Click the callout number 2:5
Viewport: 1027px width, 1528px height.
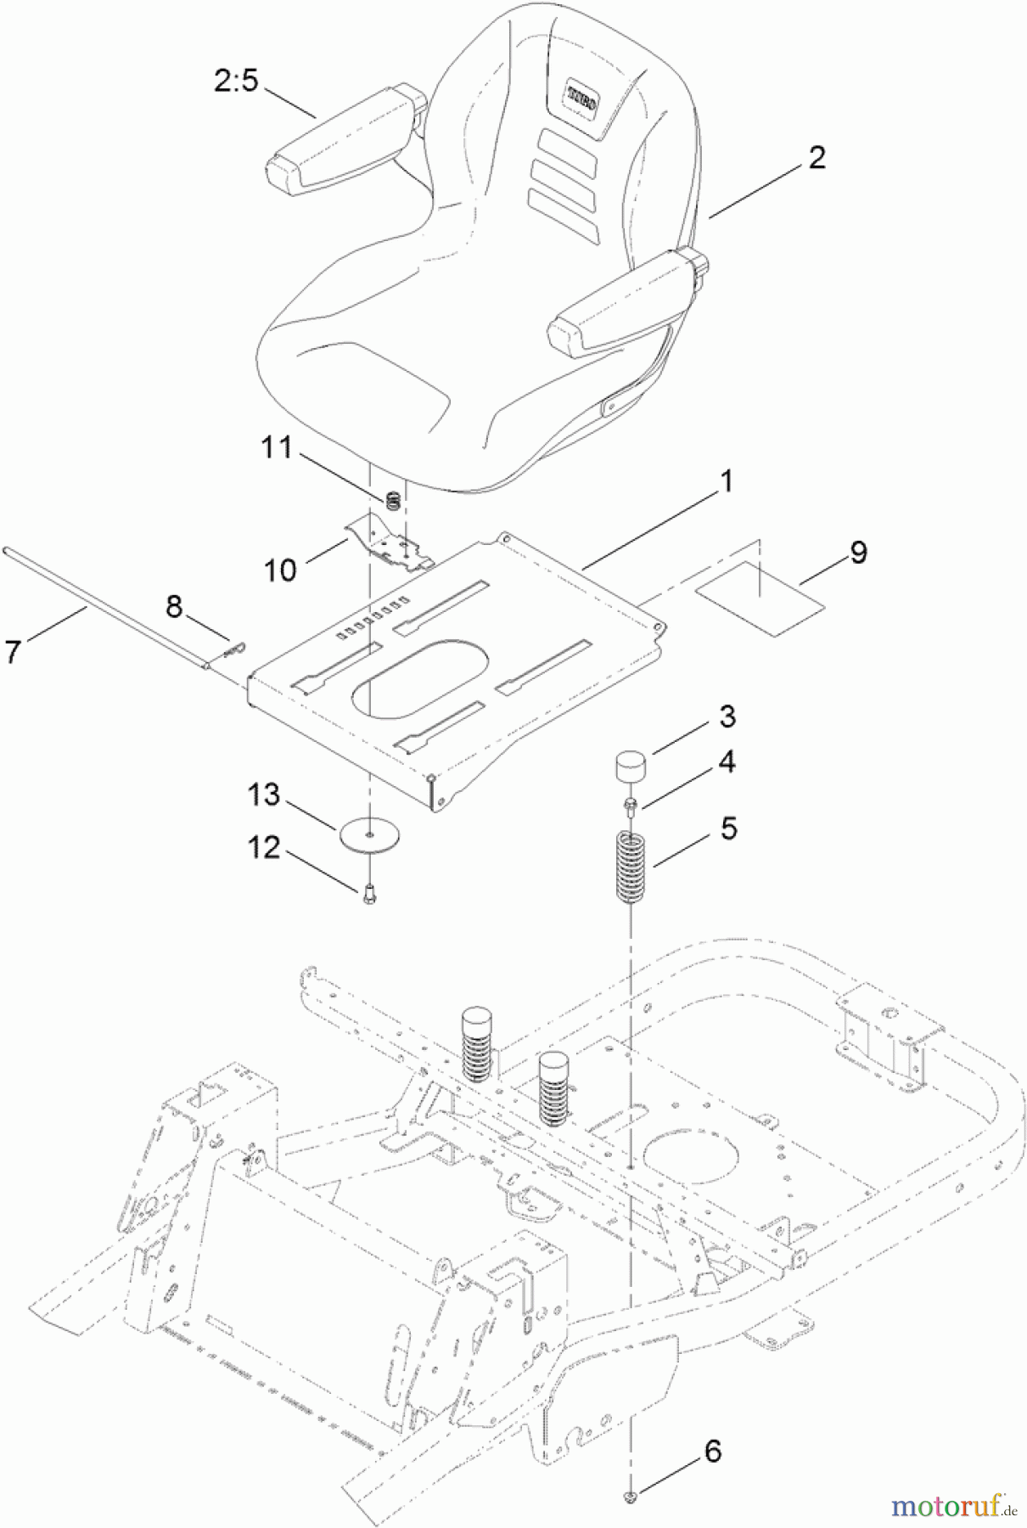click(235, 81)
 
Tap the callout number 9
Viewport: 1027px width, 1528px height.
click(858, 553)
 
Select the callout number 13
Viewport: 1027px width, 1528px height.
click(263, 795)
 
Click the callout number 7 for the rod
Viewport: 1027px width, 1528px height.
click(12, 652)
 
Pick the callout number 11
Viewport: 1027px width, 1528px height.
click(277, 447)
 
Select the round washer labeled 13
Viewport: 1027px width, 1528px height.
click(369, 834)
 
